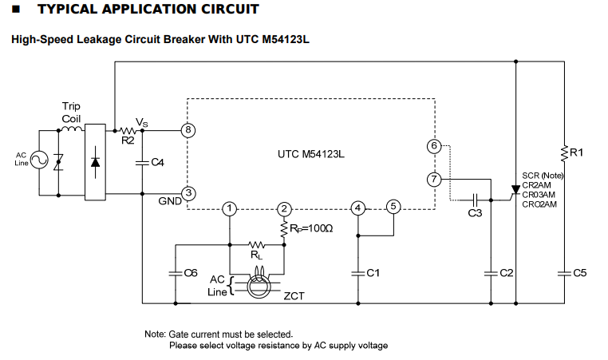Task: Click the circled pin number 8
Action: pyautogui.click(x=188, y=129)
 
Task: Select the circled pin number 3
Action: pyautogui.click(x=188, y=192)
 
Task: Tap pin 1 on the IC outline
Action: pyautogui.click(x=229, y=209)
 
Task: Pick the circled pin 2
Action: pyautogui.click(x=283, y=209)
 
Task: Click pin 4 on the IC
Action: pyautogui.click(x=358, y=208)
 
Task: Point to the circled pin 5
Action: pyautogui.click(x=393, y=206)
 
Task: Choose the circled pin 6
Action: pyautogui.click(x=433, y=147)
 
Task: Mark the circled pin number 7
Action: pyautogui.click(x=433, y=179)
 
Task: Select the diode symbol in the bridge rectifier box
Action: pyautogui.click(x=97, y=163)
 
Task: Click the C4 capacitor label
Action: pyautogui.click(x=157, y=163)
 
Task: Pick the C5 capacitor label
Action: pyautogui.click(x=580, y=273)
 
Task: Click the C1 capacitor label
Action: pyautogui.click(x=372, y=273)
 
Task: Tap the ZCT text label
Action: pyautogui.click(x=294, y=296)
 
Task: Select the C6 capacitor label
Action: pyautogui.click(x=190, y=273)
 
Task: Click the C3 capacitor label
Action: pyautogui.click(x=475, y=213)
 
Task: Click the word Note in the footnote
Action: pyautogui.click(x=155, y=334)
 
